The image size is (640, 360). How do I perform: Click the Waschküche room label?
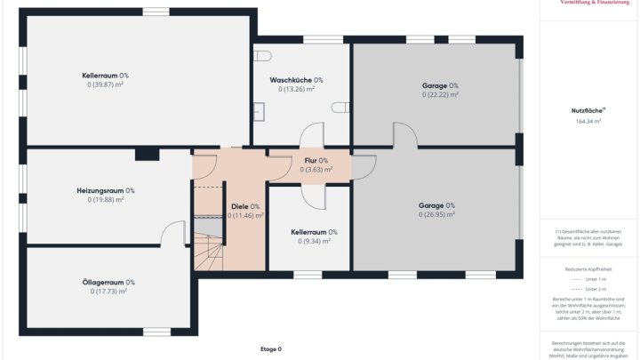click(296, 80)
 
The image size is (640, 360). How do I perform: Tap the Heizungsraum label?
click(105, 190)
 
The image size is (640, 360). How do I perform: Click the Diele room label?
click(244, 206)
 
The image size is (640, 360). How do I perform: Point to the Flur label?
click(316, 160)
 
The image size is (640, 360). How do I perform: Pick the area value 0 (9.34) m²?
click(315, 241)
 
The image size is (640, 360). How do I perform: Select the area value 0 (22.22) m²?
click(440, 94)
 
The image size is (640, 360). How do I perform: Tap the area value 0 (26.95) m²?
click(436, 214)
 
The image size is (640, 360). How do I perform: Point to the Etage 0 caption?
click(271, 349)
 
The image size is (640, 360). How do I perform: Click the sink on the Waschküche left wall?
click(259, 112)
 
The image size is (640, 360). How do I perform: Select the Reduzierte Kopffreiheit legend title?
click(588, 267)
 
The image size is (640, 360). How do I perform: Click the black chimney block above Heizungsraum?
click(147, 155)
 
